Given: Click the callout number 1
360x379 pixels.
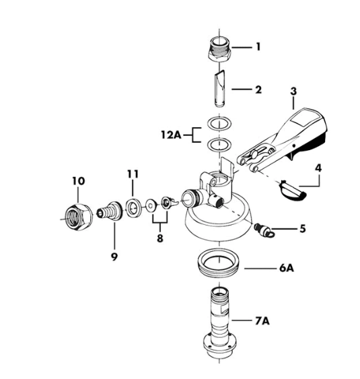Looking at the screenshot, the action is point(258,46).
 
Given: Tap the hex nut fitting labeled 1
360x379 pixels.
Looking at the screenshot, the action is point(219,50).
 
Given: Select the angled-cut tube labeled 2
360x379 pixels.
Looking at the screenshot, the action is point(219,88).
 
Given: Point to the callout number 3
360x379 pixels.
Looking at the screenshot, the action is point(293,91).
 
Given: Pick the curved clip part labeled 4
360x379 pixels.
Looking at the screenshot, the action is point(292,191).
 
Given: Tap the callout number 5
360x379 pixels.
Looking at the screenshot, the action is point(303,228).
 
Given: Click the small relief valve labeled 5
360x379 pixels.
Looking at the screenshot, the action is point(264,230).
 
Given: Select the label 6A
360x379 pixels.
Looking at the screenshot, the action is point(287,268).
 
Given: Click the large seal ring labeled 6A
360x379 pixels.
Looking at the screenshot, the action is point(219,263).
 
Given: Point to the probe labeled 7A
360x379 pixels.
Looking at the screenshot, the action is point(219,324).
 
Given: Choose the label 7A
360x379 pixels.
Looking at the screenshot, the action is point(262,321).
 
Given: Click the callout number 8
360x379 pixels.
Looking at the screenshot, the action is point(160,238).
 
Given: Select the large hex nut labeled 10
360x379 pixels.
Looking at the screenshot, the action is point(79,217).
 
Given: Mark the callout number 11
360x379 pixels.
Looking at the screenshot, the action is point(133,174).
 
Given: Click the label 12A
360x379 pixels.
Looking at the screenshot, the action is point(171,135).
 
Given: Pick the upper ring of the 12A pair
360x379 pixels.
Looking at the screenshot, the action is point(219,123).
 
